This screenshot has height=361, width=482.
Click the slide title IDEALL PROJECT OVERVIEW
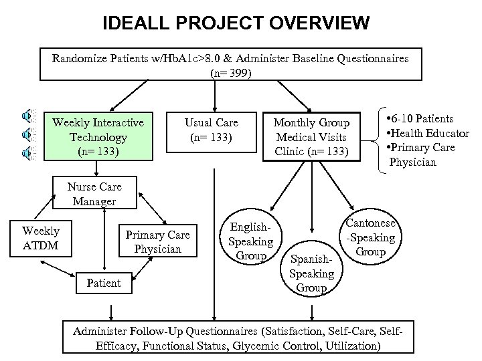tap(236, 24)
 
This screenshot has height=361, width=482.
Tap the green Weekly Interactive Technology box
tap(98, 137)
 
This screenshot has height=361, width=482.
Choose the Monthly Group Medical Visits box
tap(311, 137)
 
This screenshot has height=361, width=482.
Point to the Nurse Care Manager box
tap(94, 194)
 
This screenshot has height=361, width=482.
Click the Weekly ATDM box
tap(41, 239)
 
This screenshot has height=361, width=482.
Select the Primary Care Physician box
tap(157, 242)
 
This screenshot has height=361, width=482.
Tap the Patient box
tap(104, 283)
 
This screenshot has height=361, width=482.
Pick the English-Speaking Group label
tap(251, 241)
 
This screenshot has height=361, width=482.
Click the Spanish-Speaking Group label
tap(311, 273)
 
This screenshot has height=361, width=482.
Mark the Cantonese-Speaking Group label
tap(370, 237)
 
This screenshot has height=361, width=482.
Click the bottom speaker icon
tap(26, 152)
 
